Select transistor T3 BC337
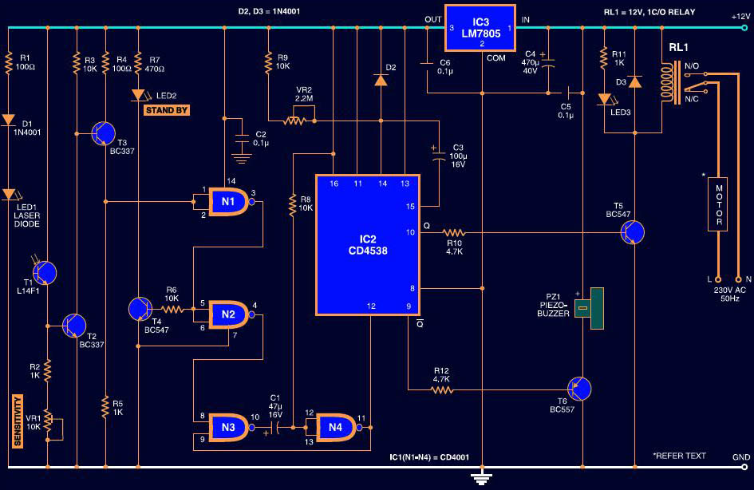pos(105,132)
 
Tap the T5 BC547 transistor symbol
pos(634,232)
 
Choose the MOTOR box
pos(719,204)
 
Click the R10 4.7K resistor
pos(455,232)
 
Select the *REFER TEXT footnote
pos(679,456)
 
